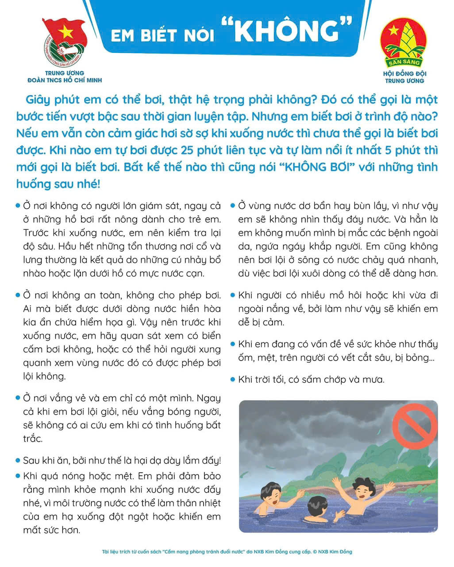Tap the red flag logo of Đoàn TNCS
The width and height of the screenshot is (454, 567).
[x=65, y=44]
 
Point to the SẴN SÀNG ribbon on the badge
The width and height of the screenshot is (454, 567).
[x=404, y=62]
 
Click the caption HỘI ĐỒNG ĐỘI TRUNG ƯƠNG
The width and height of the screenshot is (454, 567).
[x=404, y=77]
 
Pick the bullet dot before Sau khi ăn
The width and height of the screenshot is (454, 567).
[x=18, y=460]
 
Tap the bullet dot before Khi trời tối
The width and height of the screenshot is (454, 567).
[x=233, y=379]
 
